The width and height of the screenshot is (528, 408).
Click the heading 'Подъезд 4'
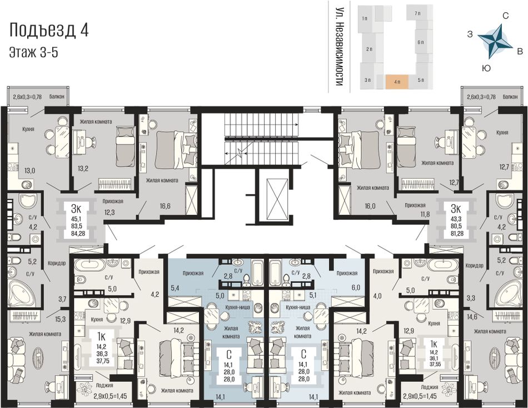coord(49,30)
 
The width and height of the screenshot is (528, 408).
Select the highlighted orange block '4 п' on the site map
coord(397,82)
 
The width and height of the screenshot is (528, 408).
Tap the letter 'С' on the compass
coord(505,16)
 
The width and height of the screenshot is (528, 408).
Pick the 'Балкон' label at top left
coord(57,97)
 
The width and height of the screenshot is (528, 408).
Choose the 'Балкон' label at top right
coord(510,97)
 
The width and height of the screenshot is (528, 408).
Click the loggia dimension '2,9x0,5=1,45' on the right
coord(420,396)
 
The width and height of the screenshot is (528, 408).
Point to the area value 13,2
coord(83,169)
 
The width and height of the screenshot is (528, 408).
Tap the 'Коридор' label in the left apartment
coord(57,263)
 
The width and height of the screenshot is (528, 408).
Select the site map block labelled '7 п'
coord(417,13)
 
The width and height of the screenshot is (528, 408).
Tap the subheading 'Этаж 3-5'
coord(34,53)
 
